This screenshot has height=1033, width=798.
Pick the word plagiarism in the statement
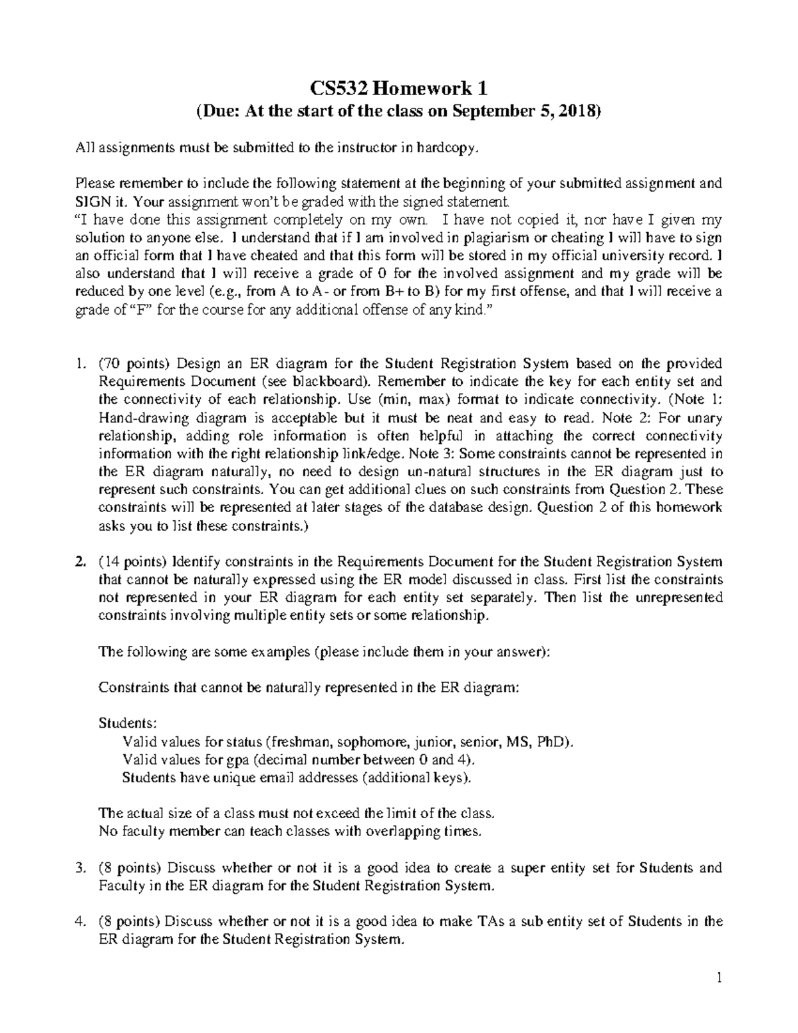(473, 237)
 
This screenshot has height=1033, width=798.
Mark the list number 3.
(80, 868)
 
